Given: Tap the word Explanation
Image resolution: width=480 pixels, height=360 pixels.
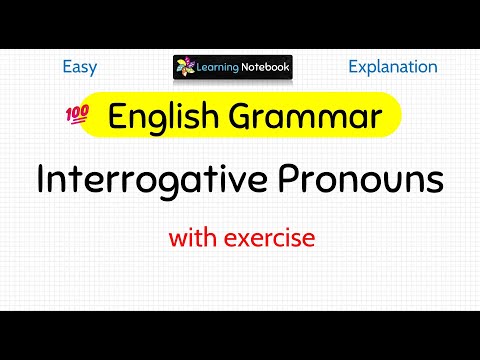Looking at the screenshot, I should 392,67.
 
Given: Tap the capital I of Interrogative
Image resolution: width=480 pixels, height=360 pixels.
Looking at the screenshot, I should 41,182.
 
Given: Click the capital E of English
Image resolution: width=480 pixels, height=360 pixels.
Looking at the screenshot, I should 117,118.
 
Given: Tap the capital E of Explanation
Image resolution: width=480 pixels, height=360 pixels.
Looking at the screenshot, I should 353,67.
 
